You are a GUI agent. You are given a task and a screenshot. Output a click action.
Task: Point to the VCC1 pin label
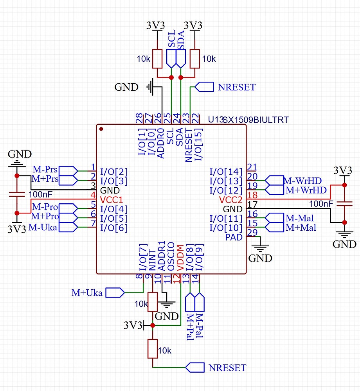(112, 200)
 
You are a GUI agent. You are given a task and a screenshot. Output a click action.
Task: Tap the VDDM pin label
(180, 258)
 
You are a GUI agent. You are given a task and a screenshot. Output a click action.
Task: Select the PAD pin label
(234, 237)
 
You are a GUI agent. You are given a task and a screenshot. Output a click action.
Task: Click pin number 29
(253, 233)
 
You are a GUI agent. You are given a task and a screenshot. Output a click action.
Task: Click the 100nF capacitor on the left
(16, 194)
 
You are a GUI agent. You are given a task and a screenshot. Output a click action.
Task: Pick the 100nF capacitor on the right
(344, 204)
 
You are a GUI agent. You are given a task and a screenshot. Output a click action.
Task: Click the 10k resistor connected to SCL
(157, 59)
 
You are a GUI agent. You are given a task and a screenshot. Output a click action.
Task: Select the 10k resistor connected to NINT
(153, 302)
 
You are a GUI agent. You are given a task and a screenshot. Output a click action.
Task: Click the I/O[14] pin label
(226, 172)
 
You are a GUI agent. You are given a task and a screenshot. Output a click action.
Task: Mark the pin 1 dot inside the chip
(101, 129)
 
